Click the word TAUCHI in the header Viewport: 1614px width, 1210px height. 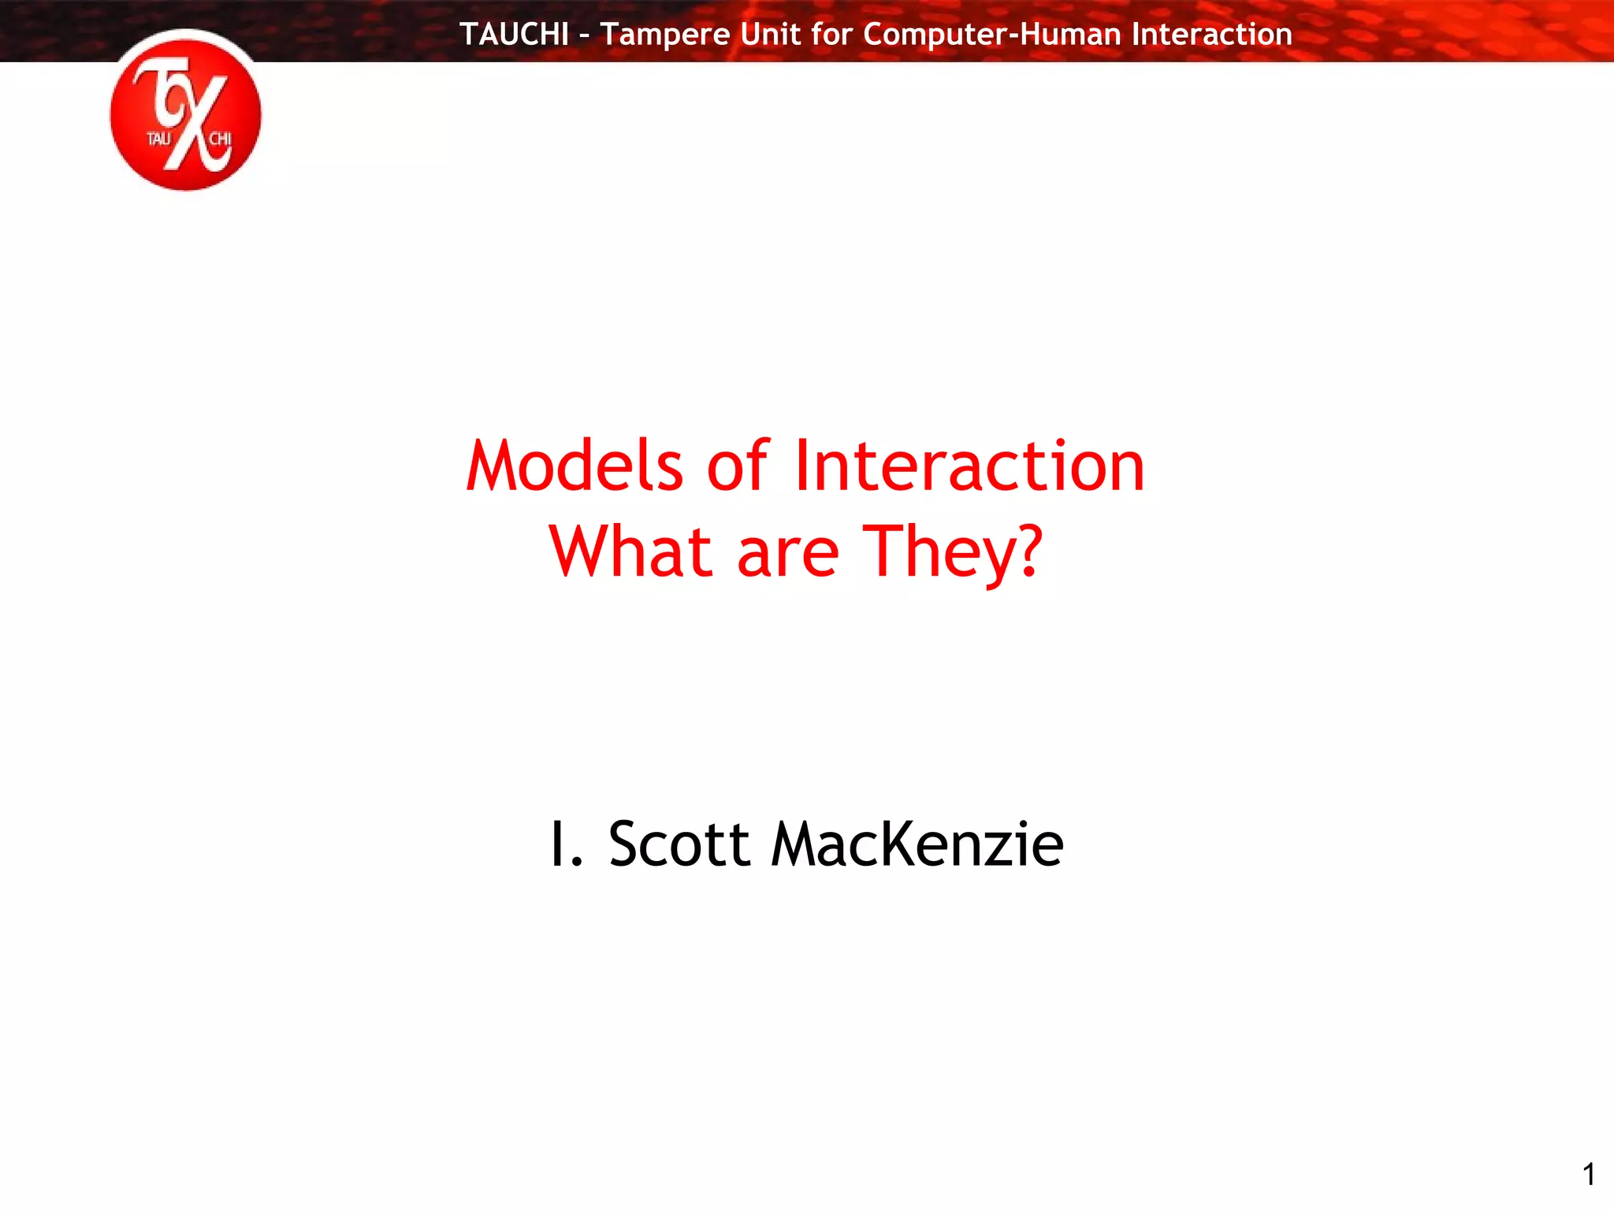point(514,35)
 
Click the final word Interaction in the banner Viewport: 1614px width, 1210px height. point(1211,35)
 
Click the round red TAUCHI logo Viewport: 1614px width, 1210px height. point(186,111)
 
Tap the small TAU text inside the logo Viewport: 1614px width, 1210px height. point(158,139)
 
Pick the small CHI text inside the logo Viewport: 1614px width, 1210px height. point(220,139)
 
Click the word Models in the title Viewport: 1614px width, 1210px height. point(575,466)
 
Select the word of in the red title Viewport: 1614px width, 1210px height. point(737,466)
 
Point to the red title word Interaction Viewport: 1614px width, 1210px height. point(969,466)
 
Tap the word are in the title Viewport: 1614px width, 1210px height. point(788,553)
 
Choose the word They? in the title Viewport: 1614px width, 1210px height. point(954,553)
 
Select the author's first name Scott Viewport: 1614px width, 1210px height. point(679,845)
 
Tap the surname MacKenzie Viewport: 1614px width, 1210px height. point(917,845)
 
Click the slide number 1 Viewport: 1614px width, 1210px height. point(1589,1175)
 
